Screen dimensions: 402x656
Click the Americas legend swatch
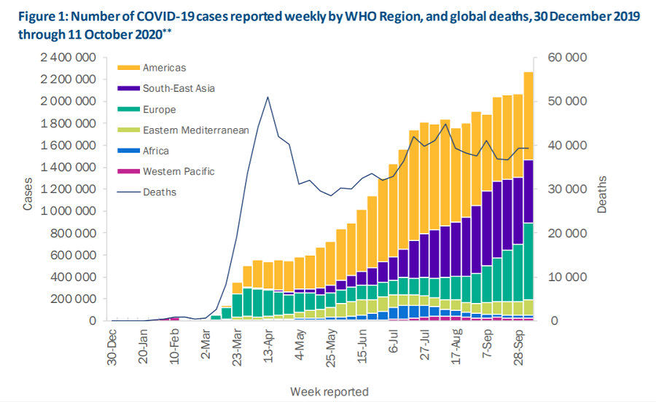click(127, 68)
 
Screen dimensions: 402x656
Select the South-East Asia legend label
click(179, 88)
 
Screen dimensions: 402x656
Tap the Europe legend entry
click(160, 109)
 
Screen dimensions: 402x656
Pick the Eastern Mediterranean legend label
click(196, 130)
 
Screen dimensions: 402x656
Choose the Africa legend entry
click(156, 151)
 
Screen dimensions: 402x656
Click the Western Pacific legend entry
click(178, 172)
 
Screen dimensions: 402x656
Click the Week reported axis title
click(329, 391)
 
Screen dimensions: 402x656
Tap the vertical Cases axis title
click(28, 195)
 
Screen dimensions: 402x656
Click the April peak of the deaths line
click(268, 97)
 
